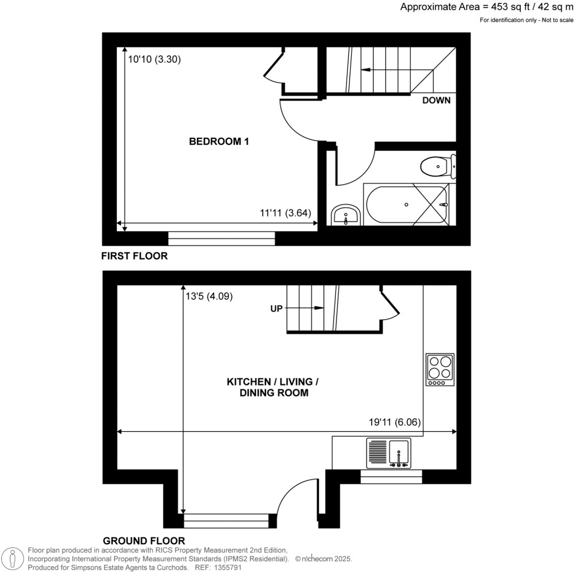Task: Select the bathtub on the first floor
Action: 406,205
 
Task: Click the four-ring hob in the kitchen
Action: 440,370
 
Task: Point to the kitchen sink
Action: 389,453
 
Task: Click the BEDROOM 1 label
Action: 219,141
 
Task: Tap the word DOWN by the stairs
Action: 436,100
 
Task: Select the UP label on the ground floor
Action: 276,308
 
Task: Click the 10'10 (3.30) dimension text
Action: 154,59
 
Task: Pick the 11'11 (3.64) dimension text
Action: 285,213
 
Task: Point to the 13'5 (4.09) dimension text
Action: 209,296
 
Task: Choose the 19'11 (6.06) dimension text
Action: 395,422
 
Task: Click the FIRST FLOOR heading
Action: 134,256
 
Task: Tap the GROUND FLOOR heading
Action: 144,541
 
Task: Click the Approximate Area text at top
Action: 487,7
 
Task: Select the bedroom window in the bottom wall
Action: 222,239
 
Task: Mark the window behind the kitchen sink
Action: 391,477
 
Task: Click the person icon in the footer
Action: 13,558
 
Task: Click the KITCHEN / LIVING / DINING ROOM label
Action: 273,387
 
